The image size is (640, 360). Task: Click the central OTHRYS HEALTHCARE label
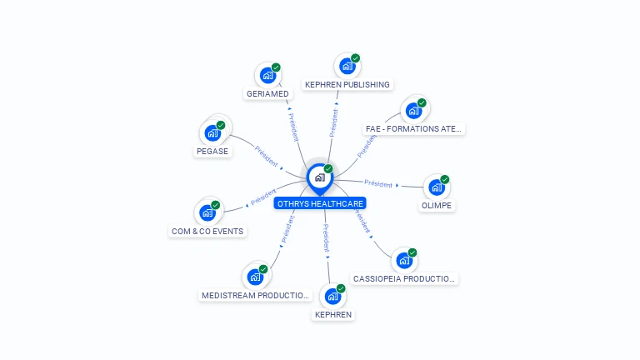coord(320,203)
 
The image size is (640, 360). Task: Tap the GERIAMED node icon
coord(267,75)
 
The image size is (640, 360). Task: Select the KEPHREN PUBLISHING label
coord(347,84)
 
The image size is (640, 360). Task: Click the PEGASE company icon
coord(212,132)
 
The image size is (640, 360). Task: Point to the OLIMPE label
coord(437,205)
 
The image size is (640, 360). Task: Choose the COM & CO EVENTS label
coord(208,231)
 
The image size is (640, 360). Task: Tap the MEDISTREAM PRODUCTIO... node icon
coord(255,277)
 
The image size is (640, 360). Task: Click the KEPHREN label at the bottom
coord(332,314)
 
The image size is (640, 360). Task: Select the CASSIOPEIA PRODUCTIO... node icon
coord(403,260)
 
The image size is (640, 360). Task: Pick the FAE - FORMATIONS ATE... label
coord(414,128)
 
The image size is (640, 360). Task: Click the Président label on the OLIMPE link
coord(378,183)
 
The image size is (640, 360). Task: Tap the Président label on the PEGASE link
coord(267,156)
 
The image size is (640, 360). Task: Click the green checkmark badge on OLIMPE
coord(445,179)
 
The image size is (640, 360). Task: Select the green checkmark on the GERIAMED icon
coord(276,67)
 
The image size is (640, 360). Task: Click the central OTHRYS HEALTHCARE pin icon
coord(319,177)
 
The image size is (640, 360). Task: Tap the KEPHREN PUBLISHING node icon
coord(347,66)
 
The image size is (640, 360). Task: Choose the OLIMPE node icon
coord(437,187)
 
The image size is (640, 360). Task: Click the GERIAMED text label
coord(267,93)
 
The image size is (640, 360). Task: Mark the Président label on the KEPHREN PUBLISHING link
coord(333,122)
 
